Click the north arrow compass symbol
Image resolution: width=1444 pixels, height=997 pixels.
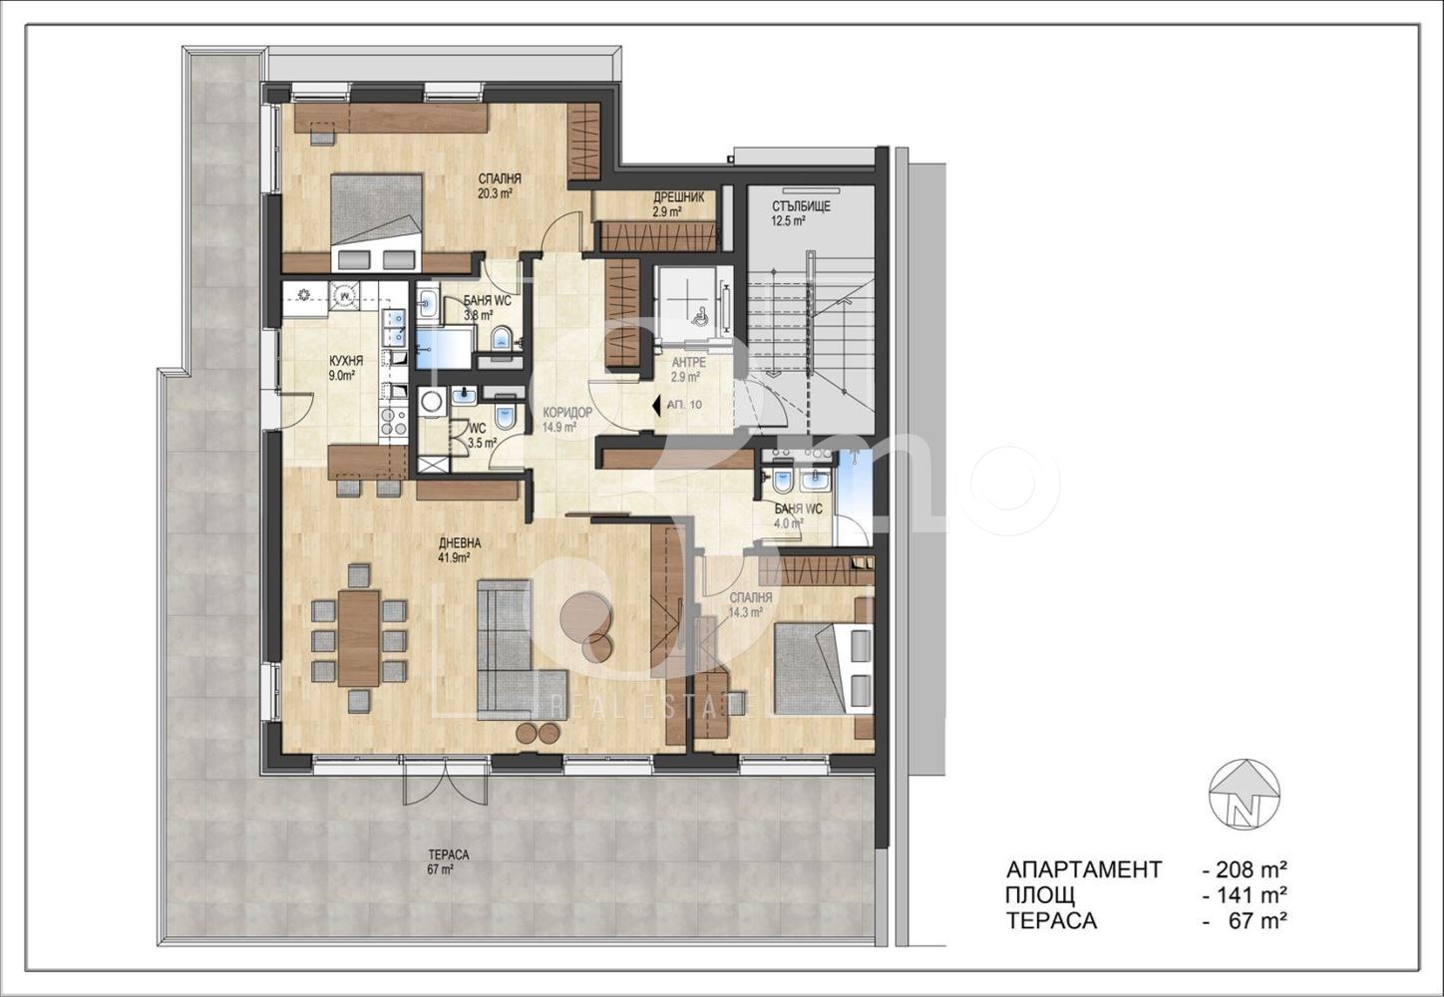(x=1245, y=802)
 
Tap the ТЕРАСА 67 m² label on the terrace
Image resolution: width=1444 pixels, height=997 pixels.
(x=448, y=861)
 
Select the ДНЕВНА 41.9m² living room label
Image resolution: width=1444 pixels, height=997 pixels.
(x=459, y=550)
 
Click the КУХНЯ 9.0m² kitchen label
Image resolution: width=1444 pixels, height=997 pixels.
(x=346, y=368)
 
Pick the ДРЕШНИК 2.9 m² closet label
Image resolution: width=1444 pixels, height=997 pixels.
(x=678, y=203)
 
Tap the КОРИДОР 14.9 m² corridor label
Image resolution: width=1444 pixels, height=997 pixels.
(x=566, y=419)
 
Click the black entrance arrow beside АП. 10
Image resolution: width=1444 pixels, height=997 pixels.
(x=656, y=405)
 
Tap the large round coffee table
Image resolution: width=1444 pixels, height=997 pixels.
(x=584, y=614)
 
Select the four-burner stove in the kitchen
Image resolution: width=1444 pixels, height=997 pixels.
(x=394, y=422)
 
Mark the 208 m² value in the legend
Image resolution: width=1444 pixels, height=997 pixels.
(x=1246, y=869)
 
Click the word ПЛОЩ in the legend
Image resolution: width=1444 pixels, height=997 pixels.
(x=1040, y=894)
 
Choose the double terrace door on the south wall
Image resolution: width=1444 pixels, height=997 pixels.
(x=426, y=781)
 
